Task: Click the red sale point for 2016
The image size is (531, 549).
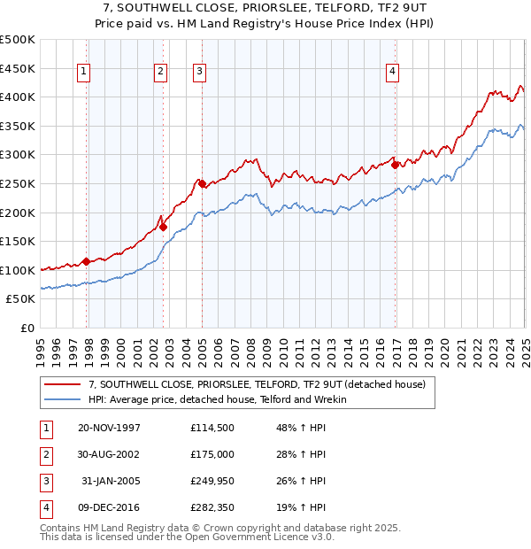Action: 395,165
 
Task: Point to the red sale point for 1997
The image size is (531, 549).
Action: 86,261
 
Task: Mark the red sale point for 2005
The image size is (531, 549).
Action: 202,183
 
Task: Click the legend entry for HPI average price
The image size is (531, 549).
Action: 217,399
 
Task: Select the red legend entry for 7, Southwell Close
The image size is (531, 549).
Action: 257,385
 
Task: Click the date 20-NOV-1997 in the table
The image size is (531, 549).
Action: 109,429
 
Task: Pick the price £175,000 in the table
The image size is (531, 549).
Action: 212,454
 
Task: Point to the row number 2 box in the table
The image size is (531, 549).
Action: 44,454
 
